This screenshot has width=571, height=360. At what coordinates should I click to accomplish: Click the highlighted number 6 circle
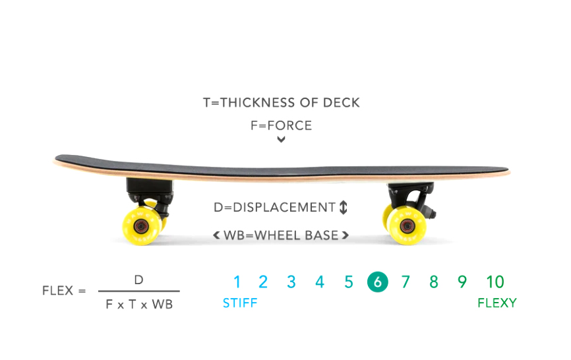pyautogui.click(x=377, y=282)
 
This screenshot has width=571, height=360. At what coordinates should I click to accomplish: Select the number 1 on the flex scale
pyautogui.click(x=237, y=282)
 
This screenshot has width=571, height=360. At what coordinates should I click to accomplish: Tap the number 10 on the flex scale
pyautogui.click(x=495, y=282)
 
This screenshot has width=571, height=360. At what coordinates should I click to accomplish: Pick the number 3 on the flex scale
pyautogui.click(x=291, y=282)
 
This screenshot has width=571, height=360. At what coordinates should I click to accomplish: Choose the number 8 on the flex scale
pyautogui.click(x=433, y=282)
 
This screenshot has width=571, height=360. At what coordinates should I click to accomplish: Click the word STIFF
pyautogui.click(x=240, y=303)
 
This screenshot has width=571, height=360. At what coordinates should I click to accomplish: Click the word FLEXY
pyautogui.click(x=497, y=303)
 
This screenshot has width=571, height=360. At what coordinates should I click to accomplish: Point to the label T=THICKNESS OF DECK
pyautogui.click(x=282, y=103)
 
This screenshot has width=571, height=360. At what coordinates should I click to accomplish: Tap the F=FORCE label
pyautogui.click(x=281, y=125)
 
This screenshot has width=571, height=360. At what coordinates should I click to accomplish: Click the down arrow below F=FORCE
pyautogui.click(x=282, y=139)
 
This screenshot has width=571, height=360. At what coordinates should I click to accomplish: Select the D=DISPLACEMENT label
pyautogui.click(x=274, y=207)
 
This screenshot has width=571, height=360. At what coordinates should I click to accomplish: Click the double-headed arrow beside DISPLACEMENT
pyautogui.click(x=343, y=208)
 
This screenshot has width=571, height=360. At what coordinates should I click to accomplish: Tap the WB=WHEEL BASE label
pyautogui.click(x=281, y=235)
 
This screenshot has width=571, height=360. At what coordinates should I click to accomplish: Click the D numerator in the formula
pyautogui.click(x=138, y=280)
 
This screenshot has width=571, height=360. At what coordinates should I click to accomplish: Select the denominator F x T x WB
pyautogui.click(x=139, y=305)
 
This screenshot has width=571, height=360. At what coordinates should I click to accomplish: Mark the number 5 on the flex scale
pyautogui.click(x=349, y=282)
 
